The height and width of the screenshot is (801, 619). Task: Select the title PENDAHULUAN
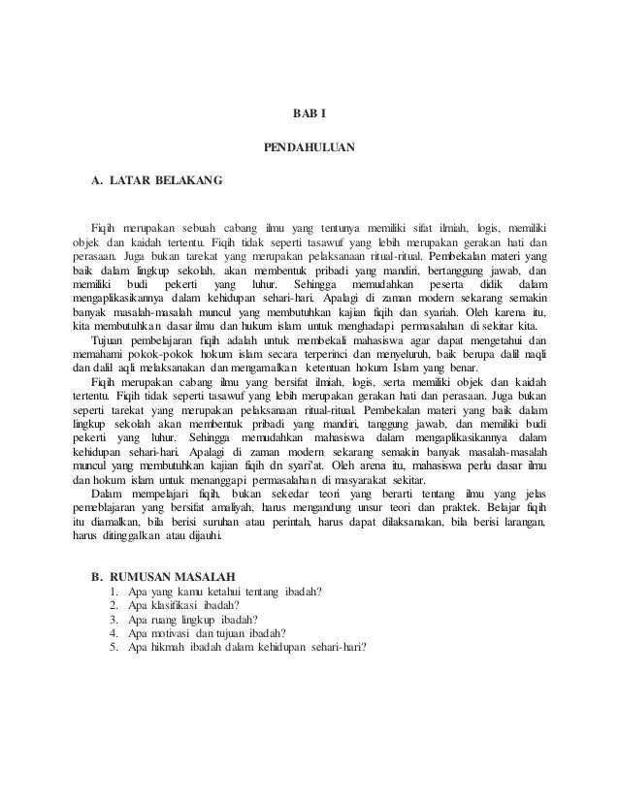309,147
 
